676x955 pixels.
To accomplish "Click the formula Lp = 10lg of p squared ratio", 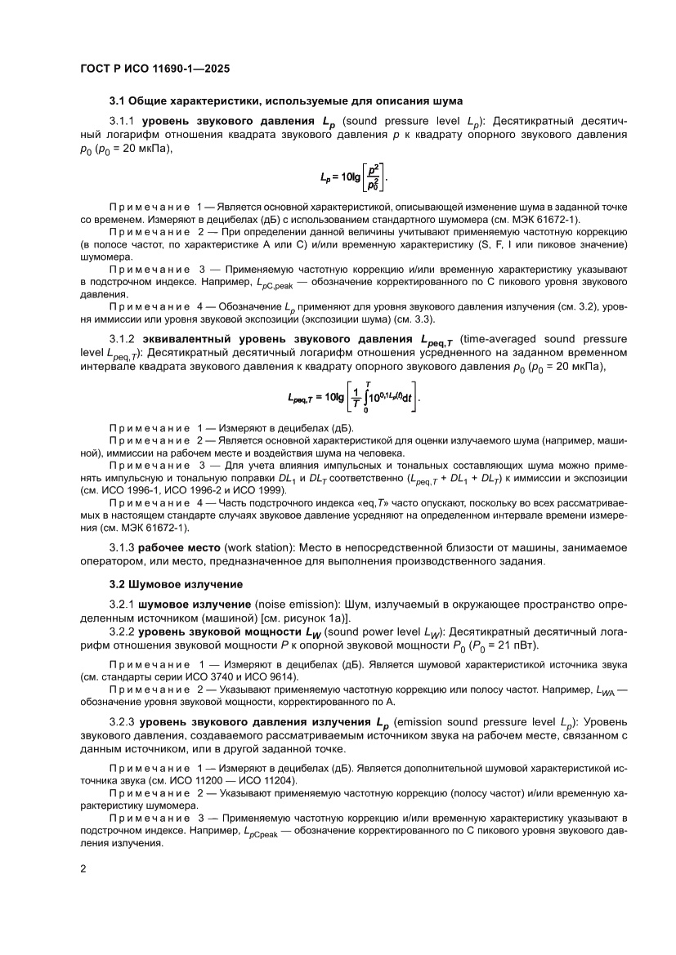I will click(x=353, y=176).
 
